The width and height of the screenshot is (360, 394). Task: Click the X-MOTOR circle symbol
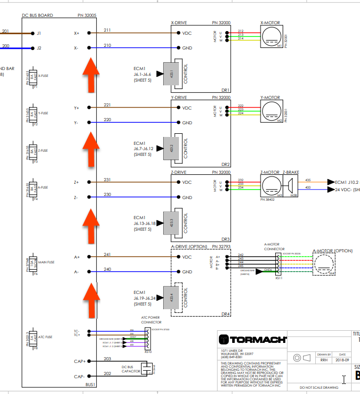[272, 36]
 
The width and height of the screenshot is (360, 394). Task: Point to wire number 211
[108, 29]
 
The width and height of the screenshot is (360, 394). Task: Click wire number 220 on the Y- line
[108, 120]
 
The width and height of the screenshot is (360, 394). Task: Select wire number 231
[108, 180]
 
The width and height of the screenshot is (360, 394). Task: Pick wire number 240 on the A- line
[108, 269]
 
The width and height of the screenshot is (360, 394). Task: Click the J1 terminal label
[39, 33]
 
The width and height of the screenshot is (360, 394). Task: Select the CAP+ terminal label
[80, 361]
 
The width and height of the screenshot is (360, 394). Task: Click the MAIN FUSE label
[46, 262]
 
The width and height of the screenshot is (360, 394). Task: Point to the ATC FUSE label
[46, 337]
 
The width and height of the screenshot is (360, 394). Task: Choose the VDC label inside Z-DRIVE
[187, 182]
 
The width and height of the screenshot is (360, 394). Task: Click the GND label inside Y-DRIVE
[187, 123]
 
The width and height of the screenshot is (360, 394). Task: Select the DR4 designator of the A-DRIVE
[226, 314]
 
